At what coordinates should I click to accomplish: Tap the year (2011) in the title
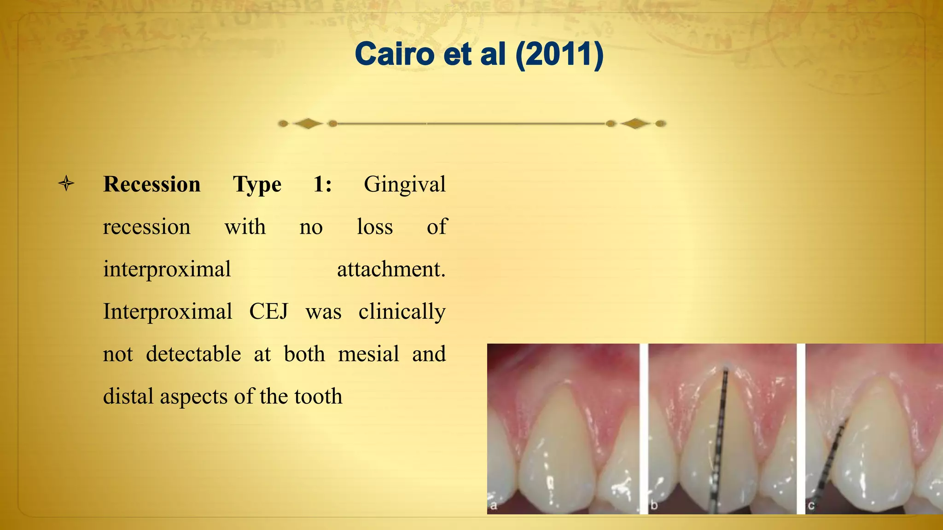559,54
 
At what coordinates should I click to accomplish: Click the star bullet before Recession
66,184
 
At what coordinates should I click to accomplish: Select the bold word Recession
152,184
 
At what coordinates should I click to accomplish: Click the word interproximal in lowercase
167,270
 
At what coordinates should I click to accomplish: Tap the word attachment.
391,270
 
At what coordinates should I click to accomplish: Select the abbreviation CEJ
268,311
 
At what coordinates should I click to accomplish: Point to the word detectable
193,354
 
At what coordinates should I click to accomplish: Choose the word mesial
368,354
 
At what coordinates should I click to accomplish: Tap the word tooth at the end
318,397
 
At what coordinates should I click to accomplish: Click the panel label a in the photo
494,506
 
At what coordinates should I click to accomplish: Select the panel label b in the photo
654,506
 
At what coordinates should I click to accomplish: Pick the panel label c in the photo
811,506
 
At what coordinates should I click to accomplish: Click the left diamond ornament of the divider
308,123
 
